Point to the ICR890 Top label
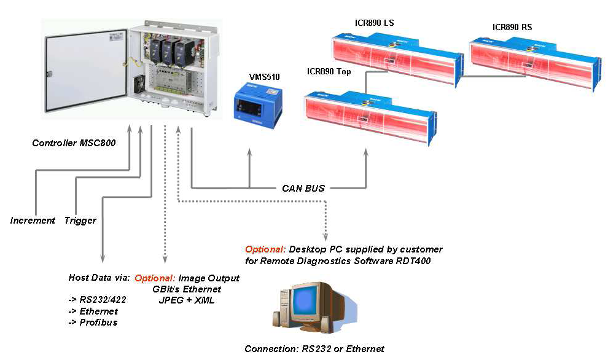[329, 72]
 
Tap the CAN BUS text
[303, 188]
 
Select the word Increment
[33, 221]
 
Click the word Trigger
[80, 221]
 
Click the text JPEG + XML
[187, 300]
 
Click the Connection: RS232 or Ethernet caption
[314, 349]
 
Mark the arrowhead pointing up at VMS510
[249, 151]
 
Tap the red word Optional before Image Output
[152, 278]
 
